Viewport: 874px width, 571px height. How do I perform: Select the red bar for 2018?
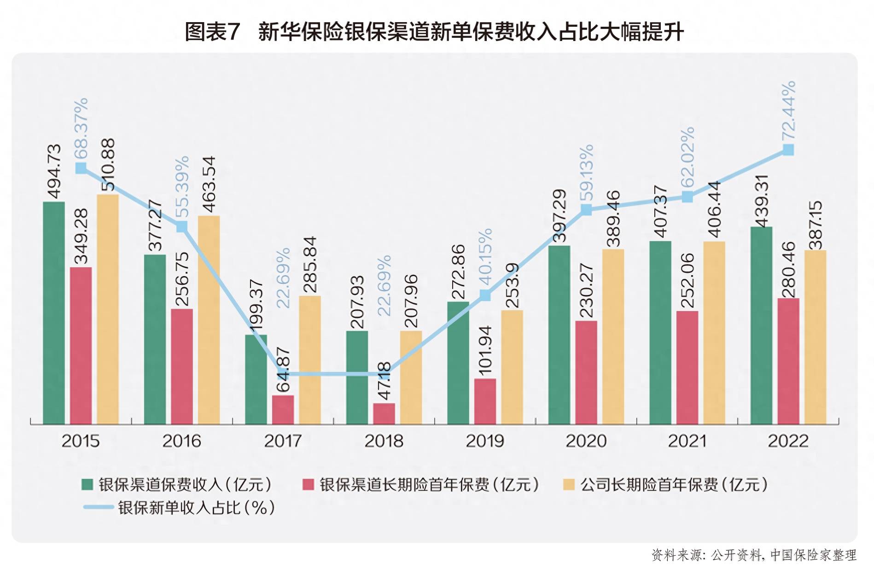click(384, 413)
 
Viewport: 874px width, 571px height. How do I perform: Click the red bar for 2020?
click(586, 372)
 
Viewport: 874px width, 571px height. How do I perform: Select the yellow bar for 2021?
click(714, 332)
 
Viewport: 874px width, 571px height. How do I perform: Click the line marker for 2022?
click(788, 150)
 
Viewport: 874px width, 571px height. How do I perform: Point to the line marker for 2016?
click(182, 226)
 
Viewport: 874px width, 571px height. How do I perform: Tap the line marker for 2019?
click(485, 295)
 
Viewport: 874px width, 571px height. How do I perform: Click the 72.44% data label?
click(788, 111)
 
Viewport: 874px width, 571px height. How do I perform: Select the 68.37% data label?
click(81, 129)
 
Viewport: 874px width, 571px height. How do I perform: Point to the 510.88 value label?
click(108, 165)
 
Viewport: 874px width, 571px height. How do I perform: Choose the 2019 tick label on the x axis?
click(485, 441)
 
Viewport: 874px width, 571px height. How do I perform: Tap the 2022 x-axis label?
click(788, 441)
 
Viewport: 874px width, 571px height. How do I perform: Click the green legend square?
click(87, 484)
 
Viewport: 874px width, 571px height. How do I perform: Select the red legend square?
click(308, 484)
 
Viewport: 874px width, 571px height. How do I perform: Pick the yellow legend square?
click(569, 484)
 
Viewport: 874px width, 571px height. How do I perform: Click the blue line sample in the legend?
click(98, 507)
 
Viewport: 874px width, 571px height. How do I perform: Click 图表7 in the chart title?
click(212, 32)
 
